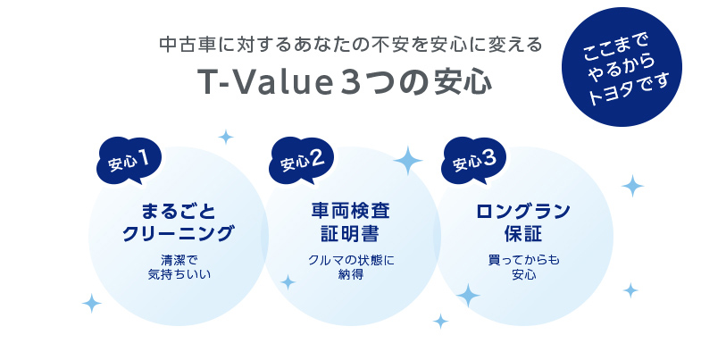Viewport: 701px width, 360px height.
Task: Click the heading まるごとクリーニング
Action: pyautogui.click(x=177, y=222)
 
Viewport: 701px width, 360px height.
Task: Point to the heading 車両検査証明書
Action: pyautogui.click(x=349, y=222)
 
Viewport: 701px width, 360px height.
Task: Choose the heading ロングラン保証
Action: pyautogui.click(x=523, y=222)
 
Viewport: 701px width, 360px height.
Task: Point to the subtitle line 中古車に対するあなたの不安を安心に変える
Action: pyautogui.click(x=349, y=43)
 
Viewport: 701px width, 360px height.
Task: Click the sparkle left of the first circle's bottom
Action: pyautogui.click(x=91, y=304)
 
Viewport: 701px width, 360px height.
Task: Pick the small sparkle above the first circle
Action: pyautogui.click(x=226, y=138)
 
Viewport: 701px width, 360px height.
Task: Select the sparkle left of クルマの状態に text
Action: pyautogui.click(x=288, y=282)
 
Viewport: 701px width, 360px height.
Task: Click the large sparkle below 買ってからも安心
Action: pyautogui.click(x=467, y=295)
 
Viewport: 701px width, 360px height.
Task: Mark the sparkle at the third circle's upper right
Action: pyautogui.click(x=632, y=187)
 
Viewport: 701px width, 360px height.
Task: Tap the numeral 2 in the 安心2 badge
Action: pyautogui.click(x=318, y=159)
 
